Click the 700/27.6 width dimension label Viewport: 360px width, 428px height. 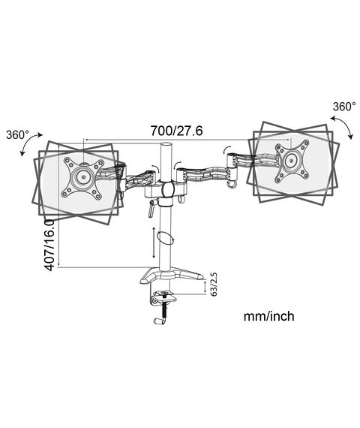pyautogui.click(x=177, y=131)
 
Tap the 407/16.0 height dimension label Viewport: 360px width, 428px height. pyautogui.click(x=49, y=246)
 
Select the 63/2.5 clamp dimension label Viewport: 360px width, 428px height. pyautogui.click(x=214, y=284)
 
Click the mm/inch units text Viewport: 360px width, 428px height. pyautogui.click(x=269, y=316)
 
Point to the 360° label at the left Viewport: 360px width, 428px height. pyautogui.click(x=17, y=135)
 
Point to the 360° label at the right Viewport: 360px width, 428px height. pyautogui.click(x=344, y=107)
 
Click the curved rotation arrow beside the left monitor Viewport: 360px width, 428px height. pyautogui.click(x=30, y=143)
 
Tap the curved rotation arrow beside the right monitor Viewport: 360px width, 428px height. pyautogui.click(x=343, y=127)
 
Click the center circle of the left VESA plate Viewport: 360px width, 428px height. pyautogui.click(x=83, y=176)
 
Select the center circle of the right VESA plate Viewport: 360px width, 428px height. pyautogui.click(x=291, y=161)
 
